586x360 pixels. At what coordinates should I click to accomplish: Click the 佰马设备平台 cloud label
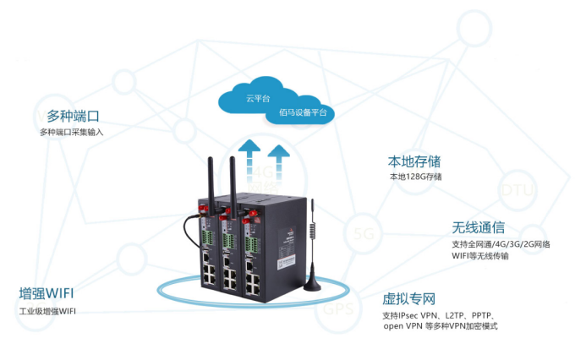(x=296, y=113)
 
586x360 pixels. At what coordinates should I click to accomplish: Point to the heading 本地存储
(x=413, y=161)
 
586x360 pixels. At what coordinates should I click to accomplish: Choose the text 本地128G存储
(x=414, y=177)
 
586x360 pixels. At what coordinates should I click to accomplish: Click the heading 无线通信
(x=478, y=227)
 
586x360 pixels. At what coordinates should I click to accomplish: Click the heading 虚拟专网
(x=408, y=298)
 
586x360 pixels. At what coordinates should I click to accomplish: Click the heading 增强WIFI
(x=47, y=293)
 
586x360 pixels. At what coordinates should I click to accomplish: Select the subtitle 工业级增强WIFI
(x=47, y=311)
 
